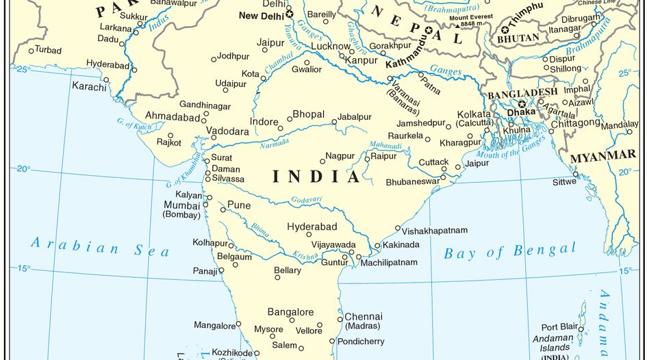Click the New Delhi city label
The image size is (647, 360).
pos(261,16)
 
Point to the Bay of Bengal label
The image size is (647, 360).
pos(510,251)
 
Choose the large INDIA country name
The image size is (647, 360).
pos(316,177)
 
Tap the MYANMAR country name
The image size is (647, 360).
pos(602,157)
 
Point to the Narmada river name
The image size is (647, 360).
pos(274,144)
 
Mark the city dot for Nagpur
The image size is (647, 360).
pos(322,162)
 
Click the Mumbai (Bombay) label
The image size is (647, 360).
pos(181,209)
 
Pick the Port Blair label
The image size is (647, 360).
pos(559,327)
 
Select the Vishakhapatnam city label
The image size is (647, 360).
pos(434,231)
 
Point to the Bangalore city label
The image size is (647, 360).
pos(290,312)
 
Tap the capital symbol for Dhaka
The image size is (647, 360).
pos(522,104)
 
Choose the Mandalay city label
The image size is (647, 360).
pos(620,125)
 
